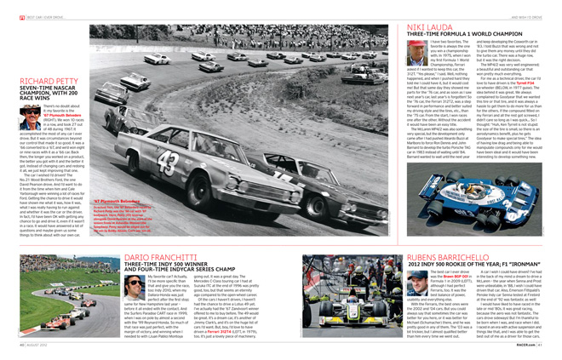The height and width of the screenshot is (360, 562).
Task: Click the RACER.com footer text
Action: click(529, 345)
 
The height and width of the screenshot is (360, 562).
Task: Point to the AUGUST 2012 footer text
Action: click(47, 345)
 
